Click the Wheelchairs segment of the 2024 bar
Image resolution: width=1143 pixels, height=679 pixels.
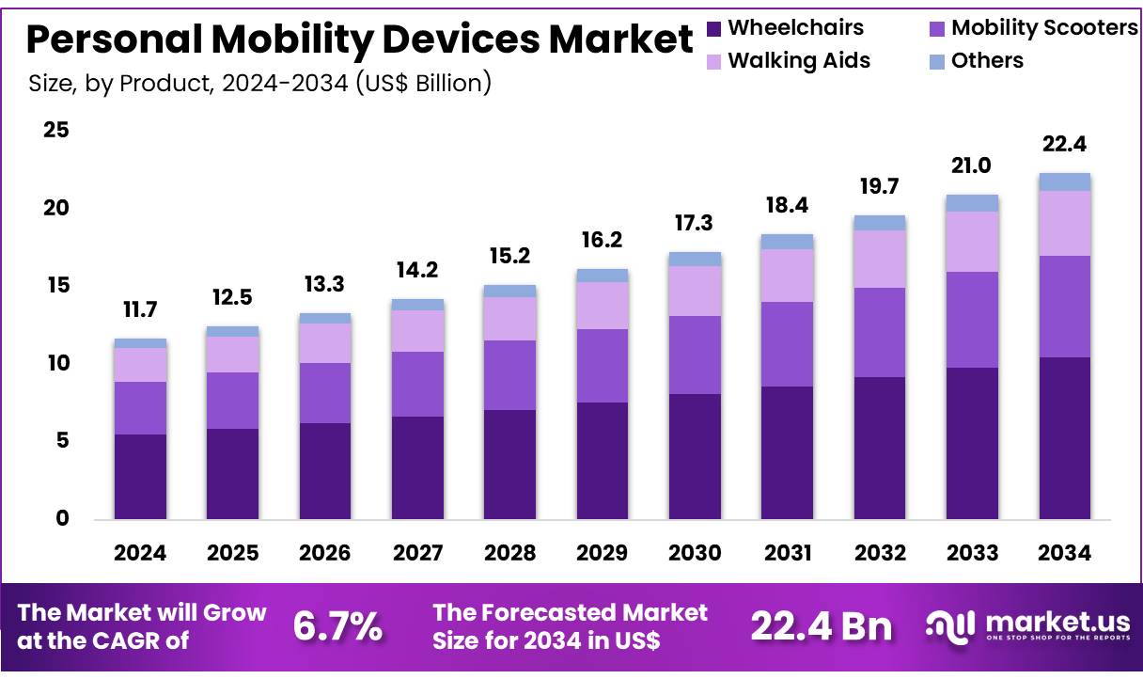pos(140,476)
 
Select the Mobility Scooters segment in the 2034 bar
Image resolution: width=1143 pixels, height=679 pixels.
pos(1064,307)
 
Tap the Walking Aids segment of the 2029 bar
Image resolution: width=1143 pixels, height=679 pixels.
pos(602,306)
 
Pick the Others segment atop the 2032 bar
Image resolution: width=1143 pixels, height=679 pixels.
pos(879,223)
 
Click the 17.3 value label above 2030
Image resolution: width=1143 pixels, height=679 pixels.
pos(694,224)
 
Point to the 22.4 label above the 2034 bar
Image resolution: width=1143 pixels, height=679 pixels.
pos(1064,145)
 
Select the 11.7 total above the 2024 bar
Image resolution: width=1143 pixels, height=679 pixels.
pos(140,310)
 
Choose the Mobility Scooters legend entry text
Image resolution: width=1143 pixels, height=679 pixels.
pos(1043,28)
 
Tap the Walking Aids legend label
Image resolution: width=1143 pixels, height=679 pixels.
pos(799,61)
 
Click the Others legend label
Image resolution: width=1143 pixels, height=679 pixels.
pos(987,61)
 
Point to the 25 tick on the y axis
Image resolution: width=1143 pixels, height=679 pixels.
pos(56,130)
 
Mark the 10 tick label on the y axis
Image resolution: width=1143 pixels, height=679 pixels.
pos(56,363)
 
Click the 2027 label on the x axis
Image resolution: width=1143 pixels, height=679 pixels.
pos(417,553)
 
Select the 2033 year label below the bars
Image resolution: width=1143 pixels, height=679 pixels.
pos(972,553)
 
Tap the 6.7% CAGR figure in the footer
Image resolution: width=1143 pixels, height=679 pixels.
pos(337,627)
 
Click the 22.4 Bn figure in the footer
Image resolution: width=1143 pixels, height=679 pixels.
pos(821,627)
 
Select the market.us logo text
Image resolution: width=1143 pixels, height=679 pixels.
pos(1043,623)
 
